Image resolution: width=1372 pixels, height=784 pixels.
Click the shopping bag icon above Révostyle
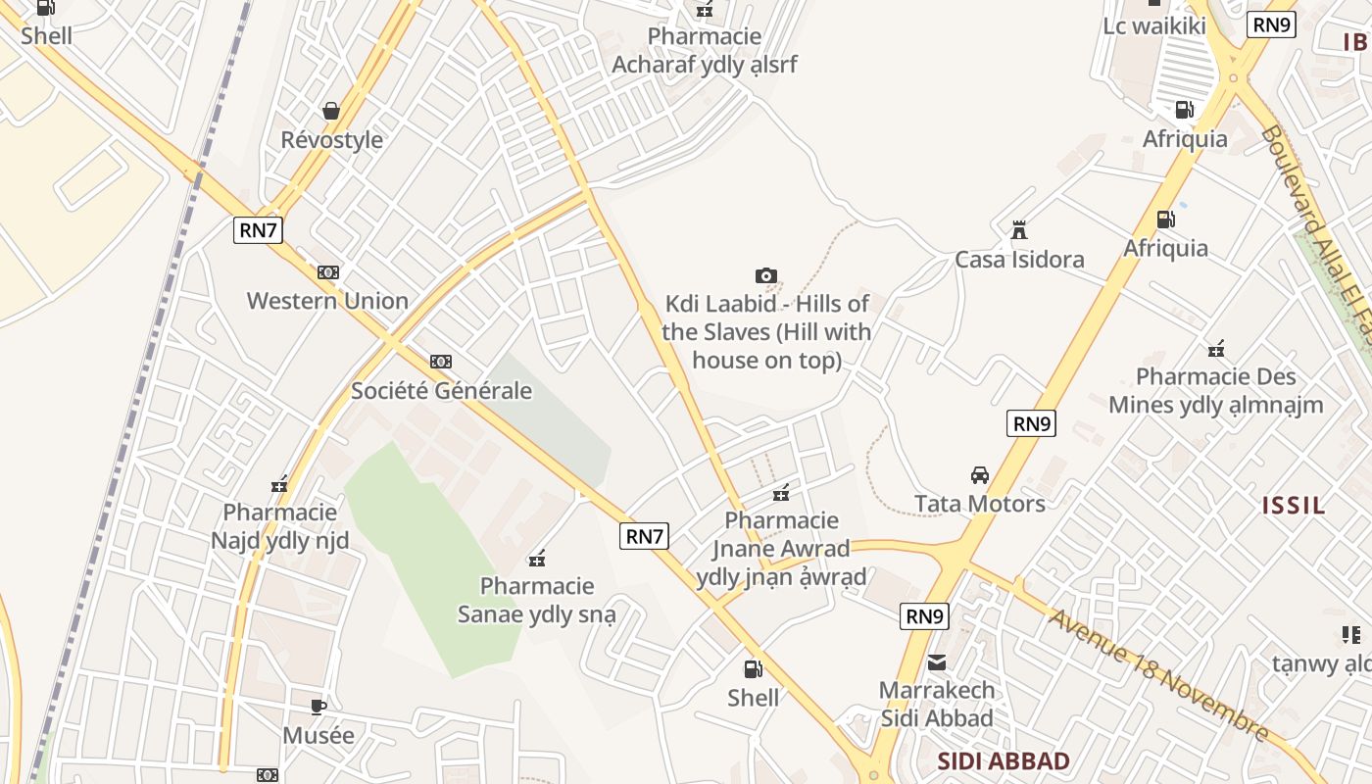click(331, 110)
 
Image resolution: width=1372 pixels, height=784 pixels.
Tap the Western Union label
click(327, 301)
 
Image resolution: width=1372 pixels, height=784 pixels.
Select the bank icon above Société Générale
click(441, 362)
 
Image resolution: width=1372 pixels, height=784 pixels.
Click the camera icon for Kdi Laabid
click(766, 275)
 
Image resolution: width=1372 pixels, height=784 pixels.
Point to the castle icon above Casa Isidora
click(1019, 230)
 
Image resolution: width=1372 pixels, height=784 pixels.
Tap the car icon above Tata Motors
click(979, 475)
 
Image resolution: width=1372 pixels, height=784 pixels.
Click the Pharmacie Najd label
click(280, 526)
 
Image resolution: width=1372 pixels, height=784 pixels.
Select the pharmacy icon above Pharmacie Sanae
click(537, 559)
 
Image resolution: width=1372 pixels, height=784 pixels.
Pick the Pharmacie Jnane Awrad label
click(782, 548)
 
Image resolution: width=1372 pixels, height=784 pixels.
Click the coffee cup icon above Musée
click(318, 707)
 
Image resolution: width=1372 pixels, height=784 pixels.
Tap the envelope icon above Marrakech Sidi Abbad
click(937, 662)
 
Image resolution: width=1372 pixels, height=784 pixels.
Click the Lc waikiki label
click(1154, 26)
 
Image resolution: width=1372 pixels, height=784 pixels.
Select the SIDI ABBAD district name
click(1004, 761)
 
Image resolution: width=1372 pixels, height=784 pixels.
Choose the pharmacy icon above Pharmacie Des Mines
click(1216, 349)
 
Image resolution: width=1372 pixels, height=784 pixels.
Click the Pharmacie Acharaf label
click(705, 51)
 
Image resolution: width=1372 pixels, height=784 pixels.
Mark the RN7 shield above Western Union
click(259, 231)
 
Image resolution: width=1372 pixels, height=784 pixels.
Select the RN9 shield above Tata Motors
click(1031, 423)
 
